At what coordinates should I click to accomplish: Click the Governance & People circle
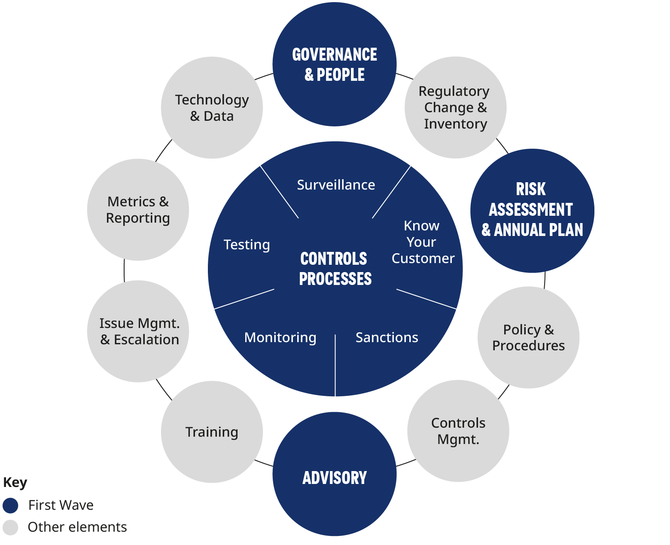334,64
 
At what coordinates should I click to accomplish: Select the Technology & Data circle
212,108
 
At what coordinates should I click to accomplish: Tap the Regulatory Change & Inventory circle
455,107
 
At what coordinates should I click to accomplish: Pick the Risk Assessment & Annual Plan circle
532,211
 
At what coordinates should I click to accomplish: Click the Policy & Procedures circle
528,337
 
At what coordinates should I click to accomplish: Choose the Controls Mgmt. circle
458,431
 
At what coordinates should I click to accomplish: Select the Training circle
212,432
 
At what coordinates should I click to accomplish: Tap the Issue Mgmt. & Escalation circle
138,331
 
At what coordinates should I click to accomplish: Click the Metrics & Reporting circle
138,210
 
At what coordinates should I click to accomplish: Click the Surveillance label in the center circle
336,185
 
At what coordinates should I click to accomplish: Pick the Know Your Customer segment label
423,242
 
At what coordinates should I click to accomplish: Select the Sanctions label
387,337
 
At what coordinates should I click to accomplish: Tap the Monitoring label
280,337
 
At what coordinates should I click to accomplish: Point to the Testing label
247,245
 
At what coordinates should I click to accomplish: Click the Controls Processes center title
335,269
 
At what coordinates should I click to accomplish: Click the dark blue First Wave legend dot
10,505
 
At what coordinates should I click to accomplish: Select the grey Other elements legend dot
10,527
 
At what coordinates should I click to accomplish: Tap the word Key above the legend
15,483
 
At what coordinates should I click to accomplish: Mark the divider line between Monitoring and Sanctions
335,365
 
